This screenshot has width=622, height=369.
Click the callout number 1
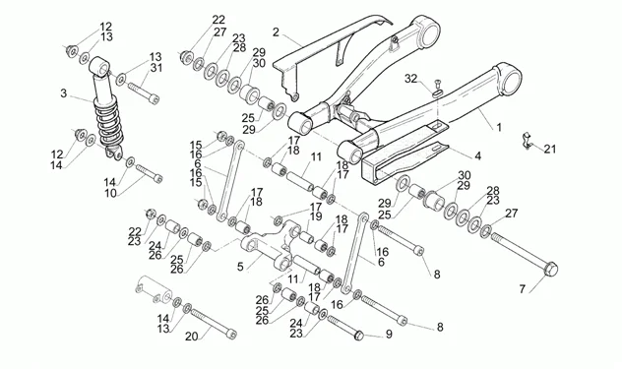[499, 127]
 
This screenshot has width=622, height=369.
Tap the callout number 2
[277, 32]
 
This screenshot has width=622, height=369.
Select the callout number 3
[63, 93]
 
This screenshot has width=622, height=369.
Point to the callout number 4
[477, 155]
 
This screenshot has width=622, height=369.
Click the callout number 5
[240, 267]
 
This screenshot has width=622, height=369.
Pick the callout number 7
[522, 289]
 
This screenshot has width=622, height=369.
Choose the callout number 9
[389, 335]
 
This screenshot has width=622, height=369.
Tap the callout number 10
[110, 194]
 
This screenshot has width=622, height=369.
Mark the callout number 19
[316, 216]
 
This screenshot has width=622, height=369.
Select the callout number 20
[191, 337]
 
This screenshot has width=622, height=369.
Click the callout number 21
[550, 150]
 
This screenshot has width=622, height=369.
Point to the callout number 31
[156, 68]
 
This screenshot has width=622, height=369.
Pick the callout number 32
[411, 79]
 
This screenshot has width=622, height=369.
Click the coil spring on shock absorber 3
[109, 120]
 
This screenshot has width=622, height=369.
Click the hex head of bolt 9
[359, 335]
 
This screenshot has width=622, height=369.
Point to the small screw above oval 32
[438, 84]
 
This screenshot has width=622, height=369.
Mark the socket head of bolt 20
[231, 335]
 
